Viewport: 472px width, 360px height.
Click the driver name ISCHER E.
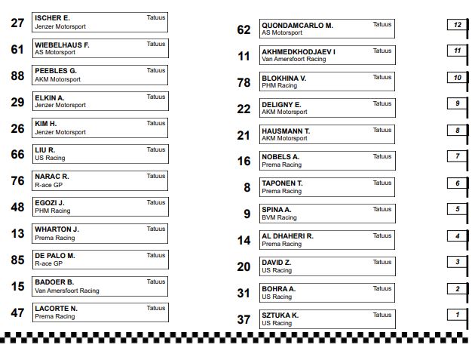pyautogui.click(x=53, y=18)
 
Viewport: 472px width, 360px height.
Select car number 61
pyautogui.click(x=18, y=50)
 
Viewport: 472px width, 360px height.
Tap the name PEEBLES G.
pyautogui.click(x=56, y=71)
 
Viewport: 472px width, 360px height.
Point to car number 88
pyautogui.click(x=18, y=76)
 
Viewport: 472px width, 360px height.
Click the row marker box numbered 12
pyautogui.click(x=457, y=25)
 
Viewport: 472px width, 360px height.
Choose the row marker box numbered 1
pyautogui.click(x=457, y=315)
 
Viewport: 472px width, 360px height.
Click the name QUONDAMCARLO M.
pyautogui.click(x=297, y=25)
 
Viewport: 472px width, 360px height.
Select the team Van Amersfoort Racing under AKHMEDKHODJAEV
pyautogui.click(x=293, y=60)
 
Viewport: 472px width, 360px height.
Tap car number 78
pyautogui.click(x=244, y=82)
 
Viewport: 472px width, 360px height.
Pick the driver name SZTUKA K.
pyautogui.click(x=280, y=315)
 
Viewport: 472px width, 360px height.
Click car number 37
pyautogui.click(x=244, y=320)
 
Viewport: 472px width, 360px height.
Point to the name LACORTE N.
pyautogui.click(x=57, y=309)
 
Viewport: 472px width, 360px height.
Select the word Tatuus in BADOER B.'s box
pyautogui.click(x=156, y=282)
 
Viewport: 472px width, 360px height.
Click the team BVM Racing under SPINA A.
pyautogui.click(x=279, y=218)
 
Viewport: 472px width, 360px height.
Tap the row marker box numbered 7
pyautogui.click(x=457, y=156)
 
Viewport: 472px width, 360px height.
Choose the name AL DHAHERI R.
pyautogui.click(x=287, y=236)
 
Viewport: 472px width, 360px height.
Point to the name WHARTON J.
pyautogui.click(x=57, y=229)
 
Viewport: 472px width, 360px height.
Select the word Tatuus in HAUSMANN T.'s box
pyautogui.click(x=382, y=130)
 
